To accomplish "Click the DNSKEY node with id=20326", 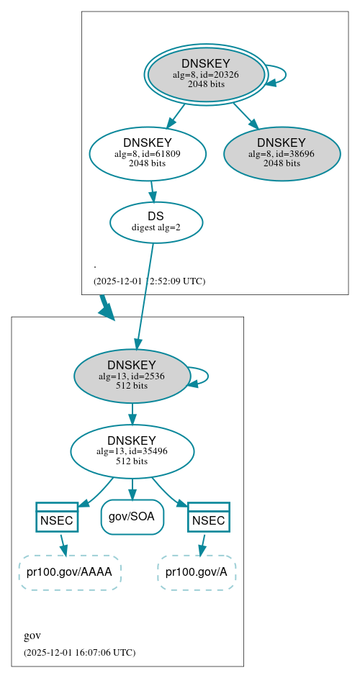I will pos(206,74).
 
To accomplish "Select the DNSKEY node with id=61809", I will pos(148,153).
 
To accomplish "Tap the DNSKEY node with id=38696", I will pos(282,153).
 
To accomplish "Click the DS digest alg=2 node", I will pos(156,222).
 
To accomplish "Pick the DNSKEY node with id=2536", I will pos(132,376).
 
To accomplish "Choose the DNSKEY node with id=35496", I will pos(132,451).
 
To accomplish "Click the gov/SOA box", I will pos(132,517).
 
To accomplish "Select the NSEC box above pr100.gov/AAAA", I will pos(57,517).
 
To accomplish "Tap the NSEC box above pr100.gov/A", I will pos(209,517).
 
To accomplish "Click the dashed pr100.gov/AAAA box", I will pos(69,572).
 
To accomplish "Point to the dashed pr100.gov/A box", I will pos(197,572).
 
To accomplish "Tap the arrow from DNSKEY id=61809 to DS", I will pos(152,191).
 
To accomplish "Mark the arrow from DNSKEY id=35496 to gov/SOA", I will pos(132,489).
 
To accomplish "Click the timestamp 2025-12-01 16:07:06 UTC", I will pos(79,652).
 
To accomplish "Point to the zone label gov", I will pos(32,636).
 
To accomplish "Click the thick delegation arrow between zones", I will pos(105,307).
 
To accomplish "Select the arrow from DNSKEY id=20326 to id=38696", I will pos(245,115).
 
